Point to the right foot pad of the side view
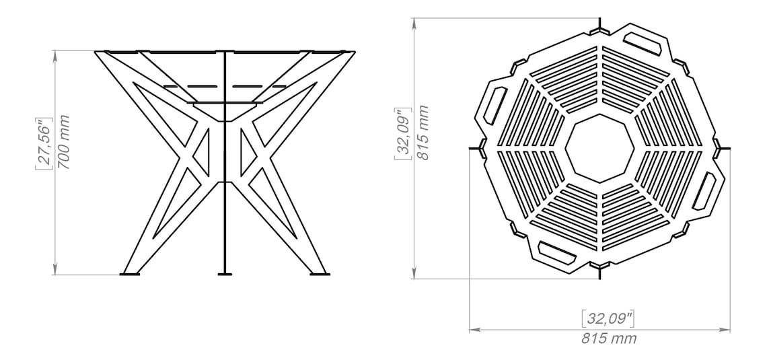(x=319, y=273)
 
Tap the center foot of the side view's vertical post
(x=225, y=273)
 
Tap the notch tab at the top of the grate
(x=599, y=28)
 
